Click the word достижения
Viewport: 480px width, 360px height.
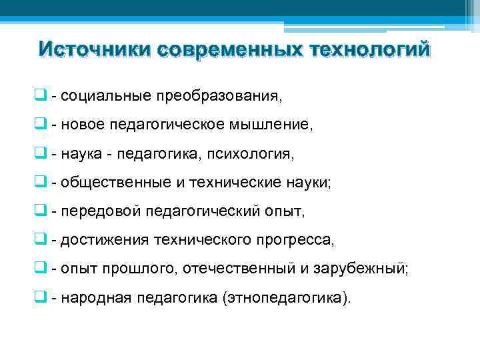tap(105, 240)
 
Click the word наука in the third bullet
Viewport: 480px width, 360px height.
tap(79, 154)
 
